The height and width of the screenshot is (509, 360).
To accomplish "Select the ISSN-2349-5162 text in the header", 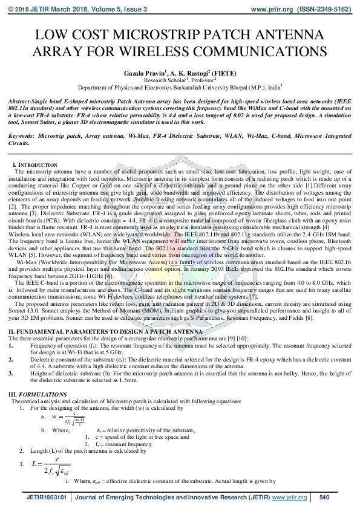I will (318, 10).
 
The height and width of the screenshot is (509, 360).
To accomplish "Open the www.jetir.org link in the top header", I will (272, 10).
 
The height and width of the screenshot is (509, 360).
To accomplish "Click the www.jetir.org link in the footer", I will (290, 498).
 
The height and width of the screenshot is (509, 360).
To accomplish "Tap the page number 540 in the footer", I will (324, 498).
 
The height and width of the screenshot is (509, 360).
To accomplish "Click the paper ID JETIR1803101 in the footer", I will (47, 498).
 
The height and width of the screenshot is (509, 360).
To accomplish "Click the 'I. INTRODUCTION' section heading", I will (36, 165).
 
